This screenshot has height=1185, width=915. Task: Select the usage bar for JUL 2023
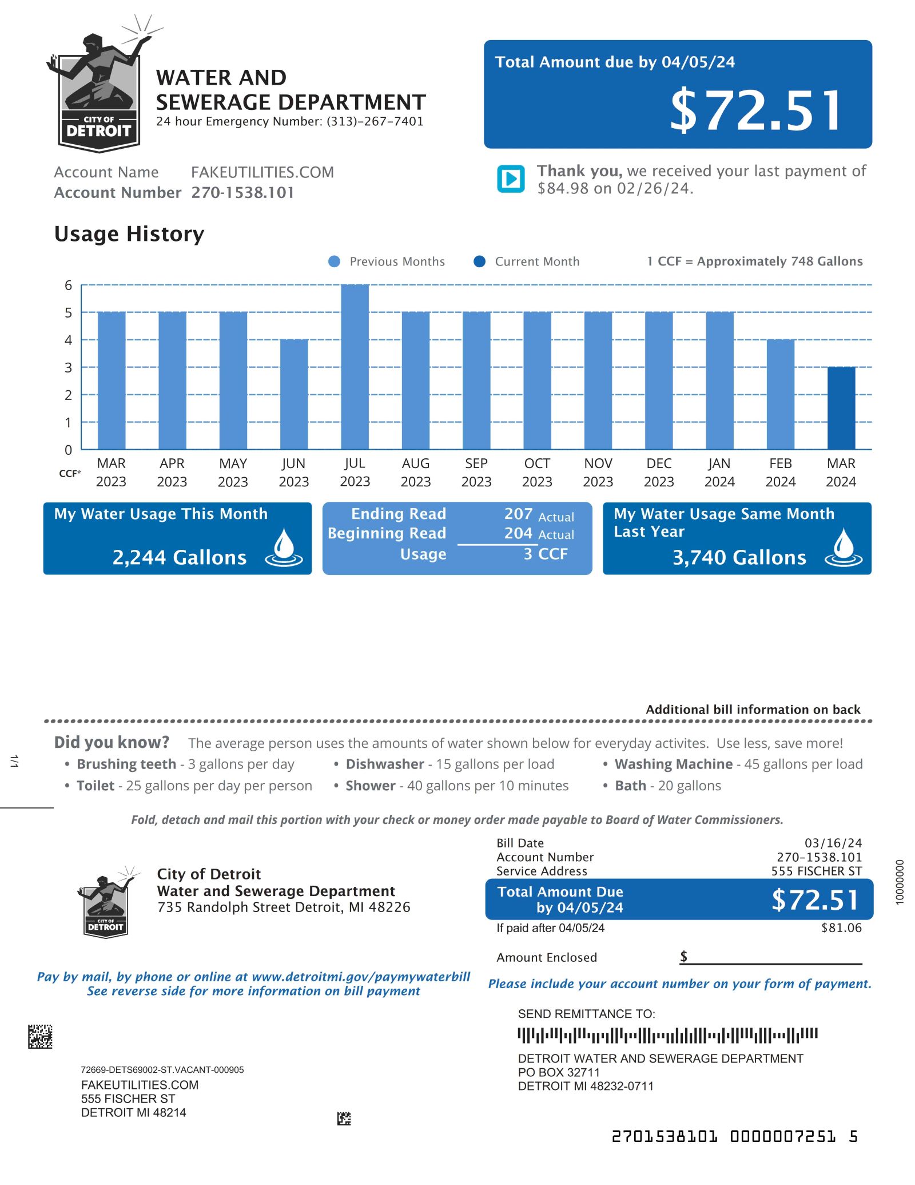(x=355, y=366)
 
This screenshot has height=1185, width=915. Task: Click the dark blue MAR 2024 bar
(x=841, y=408)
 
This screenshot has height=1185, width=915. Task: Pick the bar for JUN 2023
(x=294, y=394)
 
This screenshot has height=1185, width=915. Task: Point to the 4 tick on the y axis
(x=68, y=340)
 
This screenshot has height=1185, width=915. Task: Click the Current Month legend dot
(x=480, y=261)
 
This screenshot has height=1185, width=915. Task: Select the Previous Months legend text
(x=397, y=261)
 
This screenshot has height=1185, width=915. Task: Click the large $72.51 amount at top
(x=756, y=110)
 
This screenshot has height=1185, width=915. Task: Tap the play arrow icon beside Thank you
(x=511, y=179)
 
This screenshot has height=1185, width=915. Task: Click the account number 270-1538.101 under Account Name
(x=242, y=193)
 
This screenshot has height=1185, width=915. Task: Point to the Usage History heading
(x=129, y=234)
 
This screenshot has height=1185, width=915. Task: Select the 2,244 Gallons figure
(x=180, y=557)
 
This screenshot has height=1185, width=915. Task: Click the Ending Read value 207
(x=518, y=514)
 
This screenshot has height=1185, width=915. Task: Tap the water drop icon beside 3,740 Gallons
(x=843, y=548)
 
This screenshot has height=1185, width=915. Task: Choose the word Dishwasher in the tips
(x=385, y=764)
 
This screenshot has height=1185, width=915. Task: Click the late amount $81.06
(x=841, y=928)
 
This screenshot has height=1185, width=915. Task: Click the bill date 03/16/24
(x=833, y=843)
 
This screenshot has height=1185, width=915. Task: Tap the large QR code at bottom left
(x=40, y=1036)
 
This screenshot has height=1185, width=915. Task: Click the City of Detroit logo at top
(x=100, y=92)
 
